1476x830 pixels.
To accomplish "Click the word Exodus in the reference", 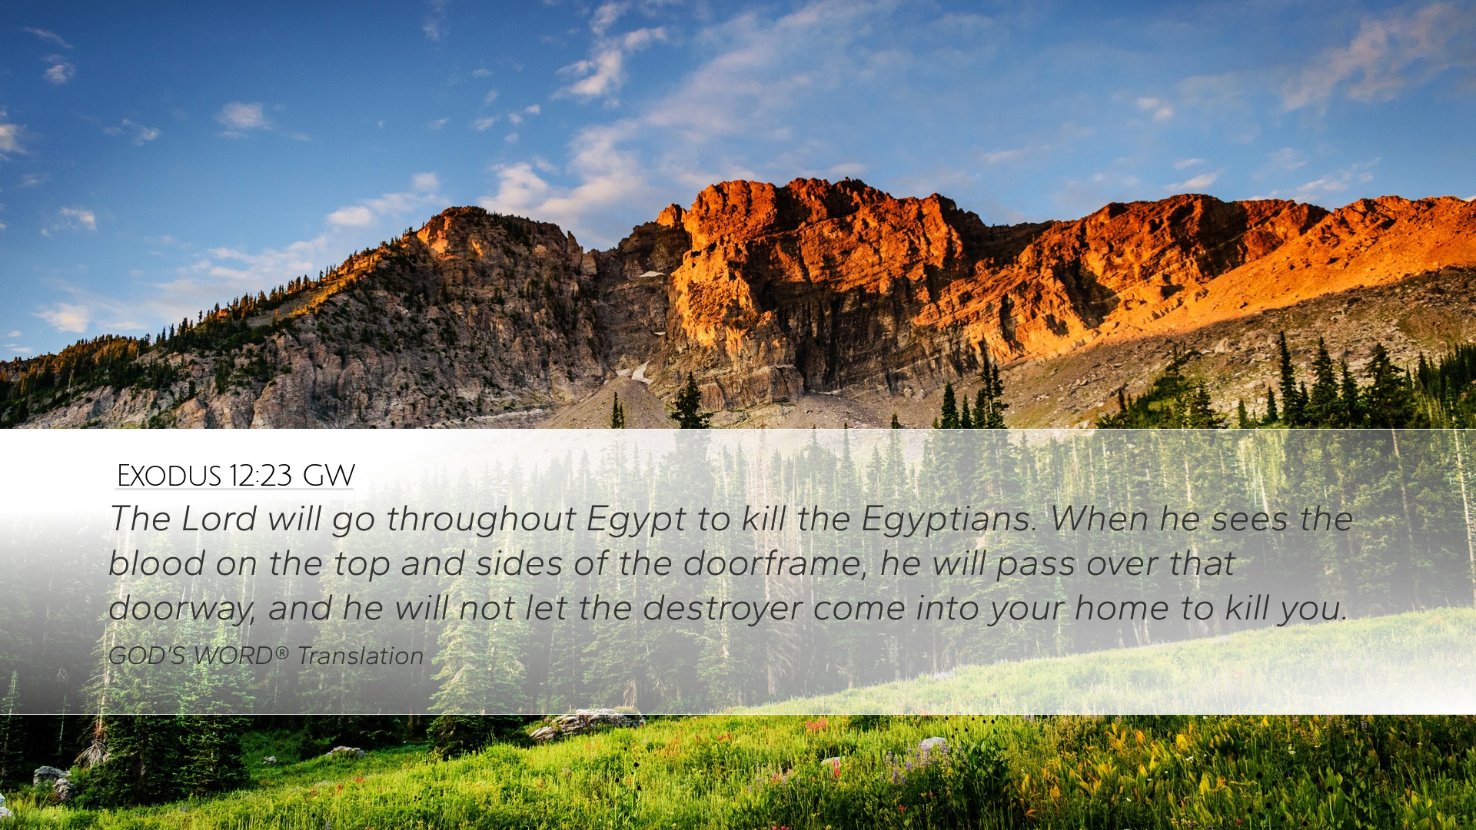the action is (x=169, y=476).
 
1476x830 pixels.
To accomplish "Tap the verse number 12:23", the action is (x=261, y=476).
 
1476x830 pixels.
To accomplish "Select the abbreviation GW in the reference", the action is (x=328, y=476).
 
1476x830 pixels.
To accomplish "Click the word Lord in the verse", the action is (x=219, y=519).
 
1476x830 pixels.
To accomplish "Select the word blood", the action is (x=158, y=563).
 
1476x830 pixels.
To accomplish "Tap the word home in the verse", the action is (x=1122, y=608).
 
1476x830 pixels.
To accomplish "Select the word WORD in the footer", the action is (x=232, y=656).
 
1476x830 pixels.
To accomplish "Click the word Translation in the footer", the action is (x=360, y=656).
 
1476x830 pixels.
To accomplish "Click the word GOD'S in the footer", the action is (x=146, y=656).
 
